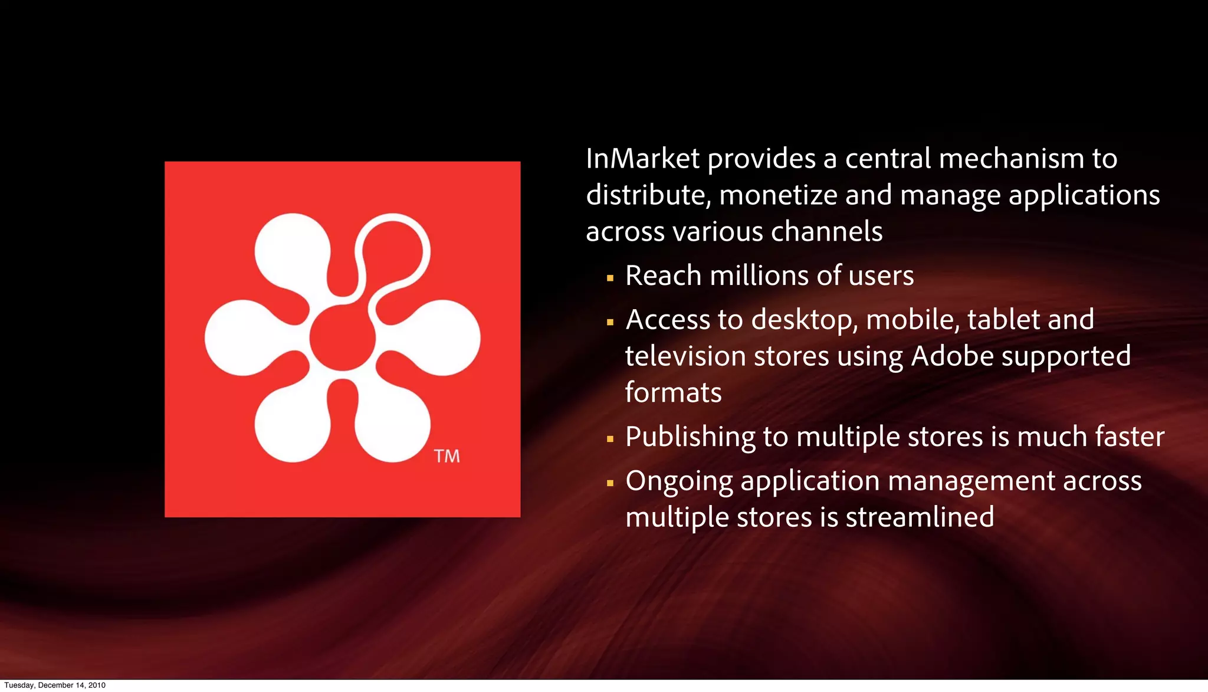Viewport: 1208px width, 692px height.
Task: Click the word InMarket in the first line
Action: [642, 159]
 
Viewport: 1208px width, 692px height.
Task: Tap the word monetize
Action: [778, 195]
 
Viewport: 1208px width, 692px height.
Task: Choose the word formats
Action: [673, 392]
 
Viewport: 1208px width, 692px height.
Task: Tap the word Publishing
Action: [690, 437]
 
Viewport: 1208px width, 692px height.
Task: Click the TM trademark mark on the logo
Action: [447, 456]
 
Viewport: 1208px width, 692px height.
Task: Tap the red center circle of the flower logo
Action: [342, 338]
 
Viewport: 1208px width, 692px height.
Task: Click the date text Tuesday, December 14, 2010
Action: [55, 685]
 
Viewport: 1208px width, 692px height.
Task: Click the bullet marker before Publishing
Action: [610, 439]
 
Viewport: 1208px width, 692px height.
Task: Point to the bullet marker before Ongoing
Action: [610, 483]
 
